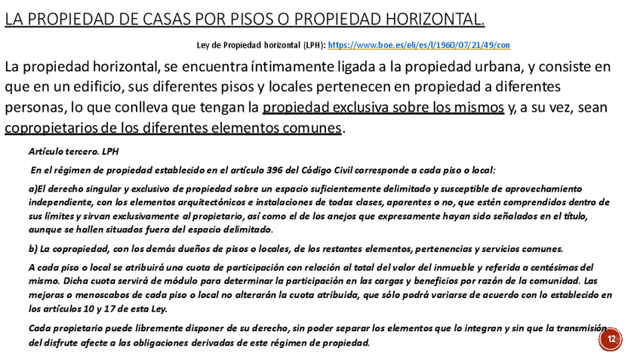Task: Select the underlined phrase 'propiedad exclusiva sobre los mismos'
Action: (x=383, y=107)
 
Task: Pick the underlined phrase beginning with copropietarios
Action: (x=173, y=128)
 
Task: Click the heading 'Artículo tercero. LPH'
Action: (x=68, y=152)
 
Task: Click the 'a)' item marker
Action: (x=32, y=189)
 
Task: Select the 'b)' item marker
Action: (x=32, y=250)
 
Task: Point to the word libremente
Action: (x=170, y=328)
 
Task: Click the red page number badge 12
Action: (x=611, y=340)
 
